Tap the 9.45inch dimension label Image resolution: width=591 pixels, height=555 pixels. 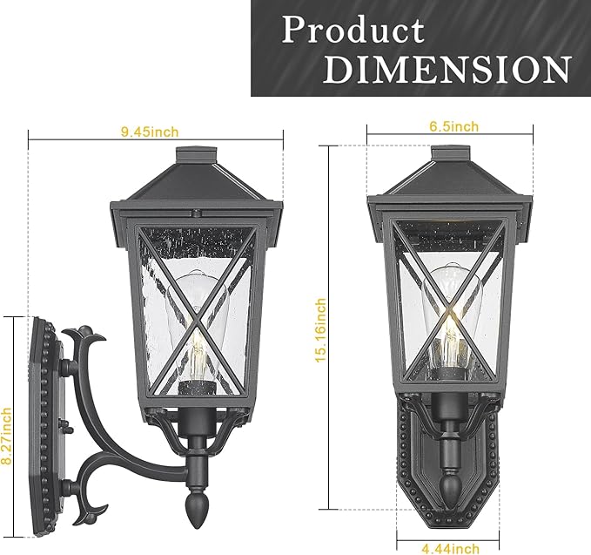(x=150, y=132)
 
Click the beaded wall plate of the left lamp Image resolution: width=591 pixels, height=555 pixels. (x=44, y=418)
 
